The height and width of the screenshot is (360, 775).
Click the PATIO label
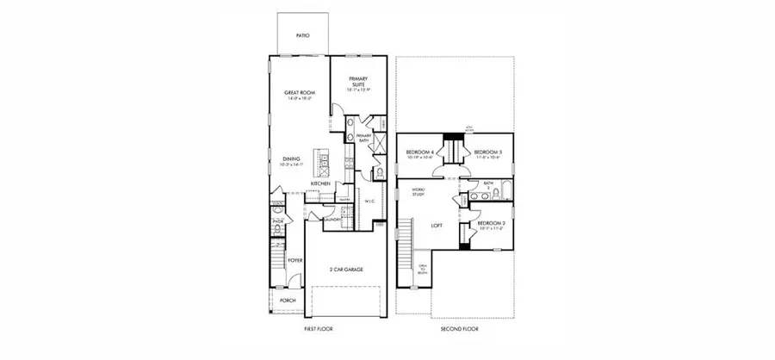pos(302,36)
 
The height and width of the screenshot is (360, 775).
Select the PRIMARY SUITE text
pos(357,82)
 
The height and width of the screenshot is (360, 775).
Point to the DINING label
pos(291,158)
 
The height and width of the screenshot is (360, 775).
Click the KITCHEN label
pos(320,183)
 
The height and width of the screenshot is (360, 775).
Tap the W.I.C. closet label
pos(369,202)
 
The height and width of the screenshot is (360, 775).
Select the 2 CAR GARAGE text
pos(345,270)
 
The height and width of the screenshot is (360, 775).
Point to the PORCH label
pos(288,301)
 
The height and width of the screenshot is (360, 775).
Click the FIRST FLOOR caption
pos(319,329)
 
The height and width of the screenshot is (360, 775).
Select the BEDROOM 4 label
pos(419,153)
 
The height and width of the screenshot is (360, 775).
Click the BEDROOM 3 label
pos(488,153)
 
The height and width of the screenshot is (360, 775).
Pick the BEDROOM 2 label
pos(492,224)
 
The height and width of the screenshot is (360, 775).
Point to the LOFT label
pos(437,225)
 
